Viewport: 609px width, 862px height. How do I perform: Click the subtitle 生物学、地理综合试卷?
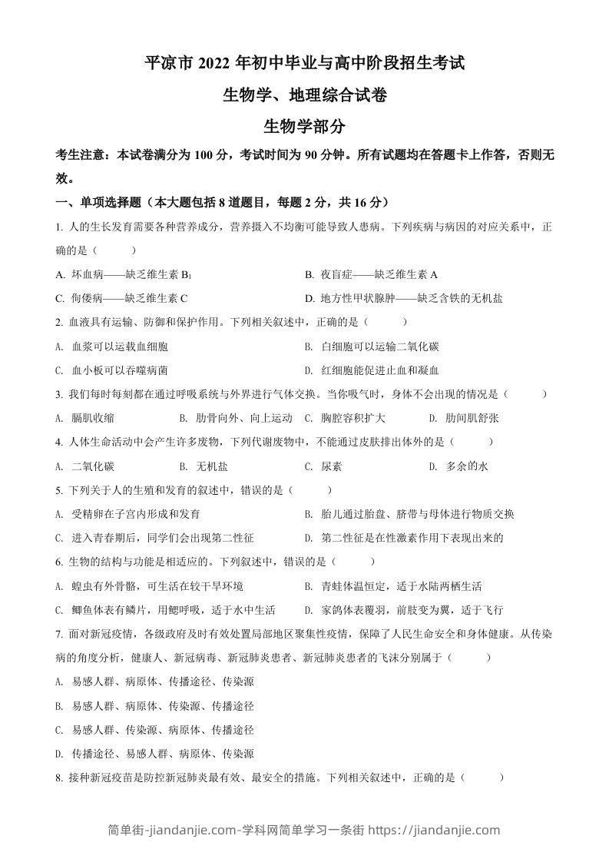click(x=304, y=96)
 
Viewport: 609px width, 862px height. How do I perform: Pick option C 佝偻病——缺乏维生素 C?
click(x=123, y=298)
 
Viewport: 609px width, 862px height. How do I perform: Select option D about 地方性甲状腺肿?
click(x=403, y=298)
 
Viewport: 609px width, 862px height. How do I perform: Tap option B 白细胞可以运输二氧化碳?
click(x=372, y=346)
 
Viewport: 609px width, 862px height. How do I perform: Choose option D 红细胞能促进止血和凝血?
click(x=372, y=370)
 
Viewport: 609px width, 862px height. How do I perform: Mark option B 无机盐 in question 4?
click(x=204, y=466)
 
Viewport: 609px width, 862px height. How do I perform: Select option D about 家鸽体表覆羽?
click(x=403, y=610)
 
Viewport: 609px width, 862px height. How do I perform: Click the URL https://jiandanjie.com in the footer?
click(x=434, y=830)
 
